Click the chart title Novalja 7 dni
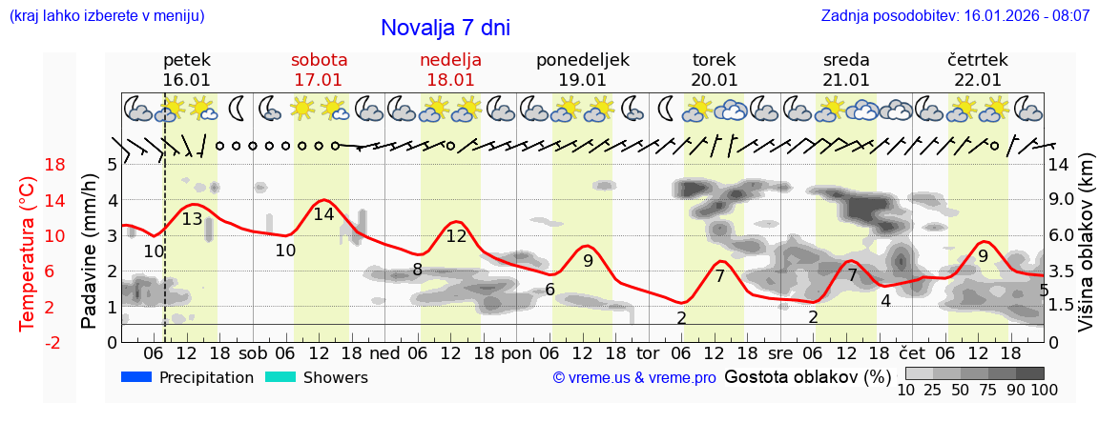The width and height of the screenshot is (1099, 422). point(446,28)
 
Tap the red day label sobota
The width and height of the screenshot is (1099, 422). point(319,60)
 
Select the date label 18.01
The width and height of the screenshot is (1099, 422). point(450,80)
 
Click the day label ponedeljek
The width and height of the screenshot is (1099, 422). point(583,60)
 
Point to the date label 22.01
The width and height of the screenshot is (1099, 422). point(977,80)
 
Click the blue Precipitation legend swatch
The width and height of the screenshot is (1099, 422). point(137,377)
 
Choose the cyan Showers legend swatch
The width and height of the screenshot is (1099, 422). point(280,377)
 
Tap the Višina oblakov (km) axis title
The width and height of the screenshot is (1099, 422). point(1086,253)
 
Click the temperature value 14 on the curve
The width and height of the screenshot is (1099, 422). point(323,214)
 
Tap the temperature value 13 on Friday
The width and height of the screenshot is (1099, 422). point(192,219)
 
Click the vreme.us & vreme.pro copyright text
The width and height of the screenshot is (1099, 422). point(634,378)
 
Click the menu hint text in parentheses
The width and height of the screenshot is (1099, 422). point(106,16)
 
